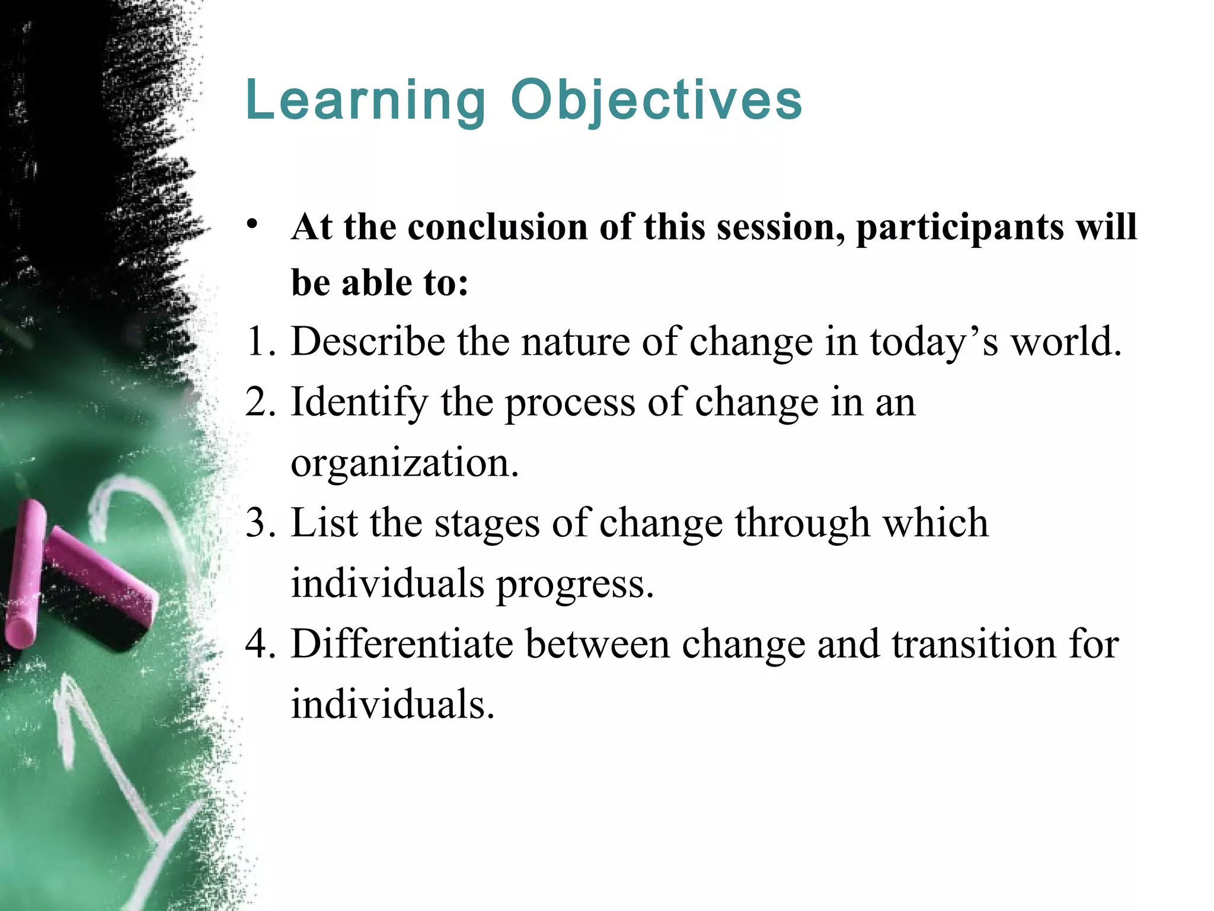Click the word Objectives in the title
tap(656, 101)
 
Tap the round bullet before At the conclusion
tap(253, 225)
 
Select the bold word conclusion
tap(497, 227)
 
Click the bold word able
tap(377, 283)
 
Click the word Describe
tap(368, 342)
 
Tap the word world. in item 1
tap(1066, 342)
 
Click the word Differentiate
tap(402, 644)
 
